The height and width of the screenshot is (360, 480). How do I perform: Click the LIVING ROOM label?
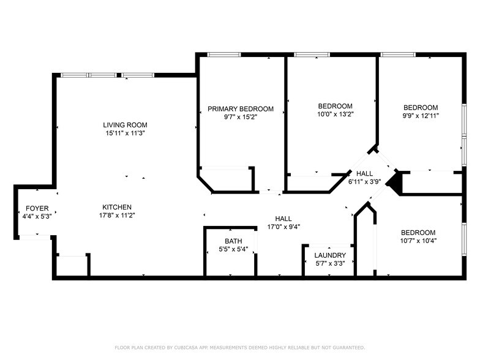tap(125, 125)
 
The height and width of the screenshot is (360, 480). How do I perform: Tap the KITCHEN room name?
tap(117, 207)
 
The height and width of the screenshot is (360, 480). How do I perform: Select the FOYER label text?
tap(37, 209)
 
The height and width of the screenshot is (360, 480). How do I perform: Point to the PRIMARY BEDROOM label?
tap(240, 109)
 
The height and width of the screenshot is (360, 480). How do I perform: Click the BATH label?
tap(233, 241)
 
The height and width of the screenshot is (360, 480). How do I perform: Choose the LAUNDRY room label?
tap(330, 255)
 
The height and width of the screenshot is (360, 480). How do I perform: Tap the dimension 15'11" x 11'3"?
tap(125, 133)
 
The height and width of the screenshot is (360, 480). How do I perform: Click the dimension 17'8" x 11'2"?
tap(117, 215)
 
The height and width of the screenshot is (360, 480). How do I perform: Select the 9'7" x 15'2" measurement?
tap(240, 117)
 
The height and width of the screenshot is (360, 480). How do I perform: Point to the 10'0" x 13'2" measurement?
tap(335, 114)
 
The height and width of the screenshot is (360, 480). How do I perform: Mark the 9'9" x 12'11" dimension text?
tap(420, 115)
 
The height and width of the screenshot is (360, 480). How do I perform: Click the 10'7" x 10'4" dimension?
tap(418, 241)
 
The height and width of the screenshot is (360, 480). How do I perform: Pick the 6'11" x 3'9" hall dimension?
tap(364, 182)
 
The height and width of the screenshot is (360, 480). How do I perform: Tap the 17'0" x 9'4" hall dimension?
tap(283, 227)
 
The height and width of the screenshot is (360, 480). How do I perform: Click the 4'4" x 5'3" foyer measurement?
tap(37, 217)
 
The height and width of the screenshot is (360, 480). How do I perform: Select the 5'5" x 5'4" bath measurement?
tap(233, 249)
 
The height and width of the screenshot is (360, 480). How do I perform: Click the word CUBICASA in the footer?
tap(186, 348)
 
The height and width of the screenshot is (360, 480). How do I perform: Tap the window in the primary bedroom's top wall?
tap(223, 54)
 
